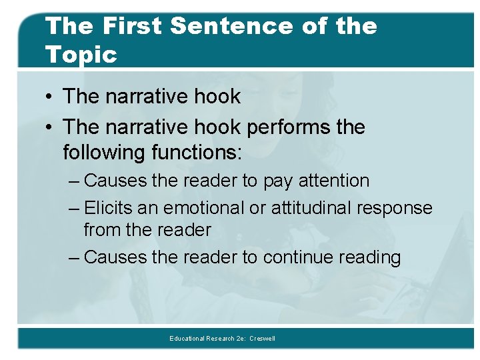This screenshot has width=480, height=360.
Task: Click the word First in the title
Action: coord(132,26)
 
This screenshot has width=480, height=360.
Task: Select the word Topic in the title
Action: coord(81,55)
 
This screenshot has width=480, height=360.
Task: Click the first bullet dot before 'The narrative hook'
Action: coord(51,97)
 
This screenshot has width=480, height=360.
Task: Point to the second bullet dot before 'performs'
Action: coord(51,127)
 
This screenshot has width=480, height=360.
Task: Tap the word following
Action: coord(104,153)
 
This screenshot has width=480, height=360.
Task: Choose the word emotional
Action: coord(204,208)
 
